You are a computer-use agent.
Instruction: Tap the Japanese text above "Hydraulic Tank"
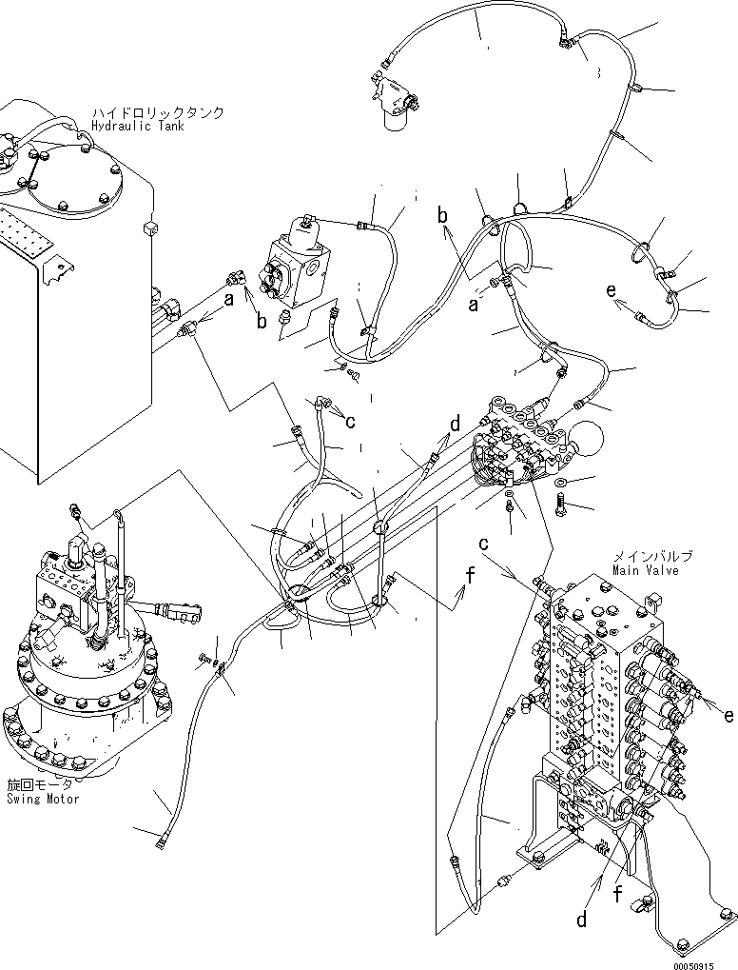pyautogui.click(x=158, y=112)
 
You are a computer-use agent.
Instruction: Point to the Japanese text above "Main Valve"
pyautogui.click(x=651, y=557)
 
